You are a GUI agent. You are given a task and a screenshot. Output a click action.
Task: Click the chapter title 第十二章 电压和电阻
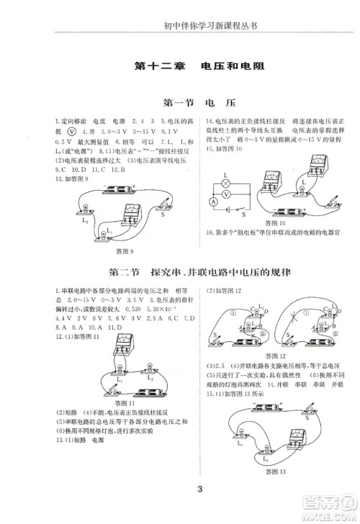coord(200,66)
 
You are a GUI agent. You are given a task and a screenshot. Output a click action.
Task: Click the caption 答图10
coord(274,224)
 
